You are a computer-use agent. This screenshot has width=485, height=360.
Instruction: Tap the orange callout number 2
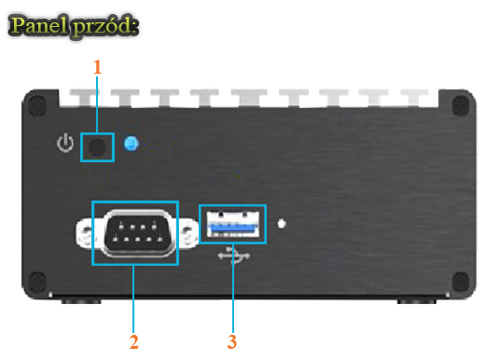pyautogui.click(x=134, y=342)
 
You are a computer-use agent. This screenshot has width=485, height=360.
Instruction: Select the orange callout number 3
pyautogui.click(x=231, y=342)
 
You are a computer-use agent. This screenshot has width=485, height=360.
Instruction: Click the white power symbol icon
pyautogui.click(x=64, y=145)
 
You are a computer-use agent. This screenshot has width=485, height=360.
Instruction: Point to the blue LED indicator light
pyautogui.click(x=132, y=145)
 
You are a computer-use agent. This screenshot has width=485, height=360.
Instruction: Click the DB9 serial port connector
pyautogui.click(x=134, y=233)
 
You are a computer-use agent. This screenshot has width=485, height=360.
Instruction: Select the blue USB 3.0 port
pyautogui.click(x=232, y=225)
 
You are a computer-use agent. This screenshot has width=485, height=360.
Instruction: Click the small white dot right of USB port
pyautogui.click(x=283, y=224)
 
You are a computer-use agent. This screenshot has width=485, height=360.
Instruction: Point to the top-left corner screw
pyautogui.click(x=35, y=104)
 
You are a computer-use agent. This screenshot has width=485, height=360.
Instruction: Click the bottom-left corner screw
pyautogui.click(x=35, y=281)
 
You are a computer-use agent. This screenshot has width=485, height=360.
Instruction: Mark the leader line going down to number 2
pyautogui.click(x=134, y=298)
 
